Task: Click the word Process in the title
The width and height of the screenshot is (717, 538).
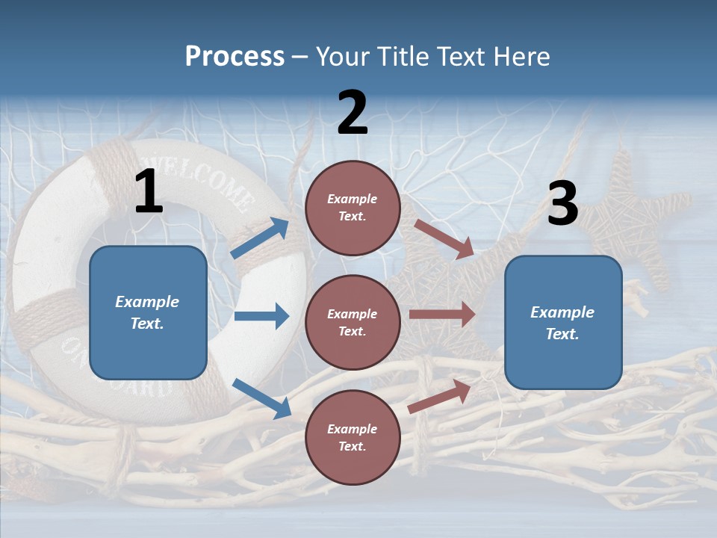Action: click(235, 57)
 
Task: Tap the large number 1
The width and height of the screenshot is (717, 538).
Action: click(149, 192)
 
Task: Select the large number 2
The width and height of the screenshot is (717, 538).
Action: click(353, 113)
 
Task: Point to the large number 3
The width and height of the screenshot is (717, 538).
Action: click(562, 204)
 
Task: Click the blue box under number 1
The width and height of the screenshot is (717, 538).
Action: click(148, 312)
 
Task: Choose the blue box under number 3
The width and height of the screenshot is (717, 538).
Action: click(563, 322)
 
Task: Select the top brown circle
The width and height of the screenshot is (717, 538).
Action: click(353, 208)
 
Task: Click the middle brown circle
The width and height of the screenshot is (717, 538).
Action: click(353, 322)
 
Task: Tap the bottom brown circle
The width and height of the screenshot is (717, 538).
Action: click(353, 437)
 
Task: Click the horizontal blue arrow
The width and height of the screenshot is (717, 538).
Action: click(261, 316)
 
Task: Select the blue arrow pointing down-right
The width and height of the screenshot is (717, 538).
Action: click(261, 398)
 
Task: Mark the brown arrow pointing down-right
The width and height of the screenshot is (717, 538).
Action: click(444, 239)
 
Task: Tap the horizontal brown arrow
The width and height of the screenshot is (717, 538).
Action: click(442, 315)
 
